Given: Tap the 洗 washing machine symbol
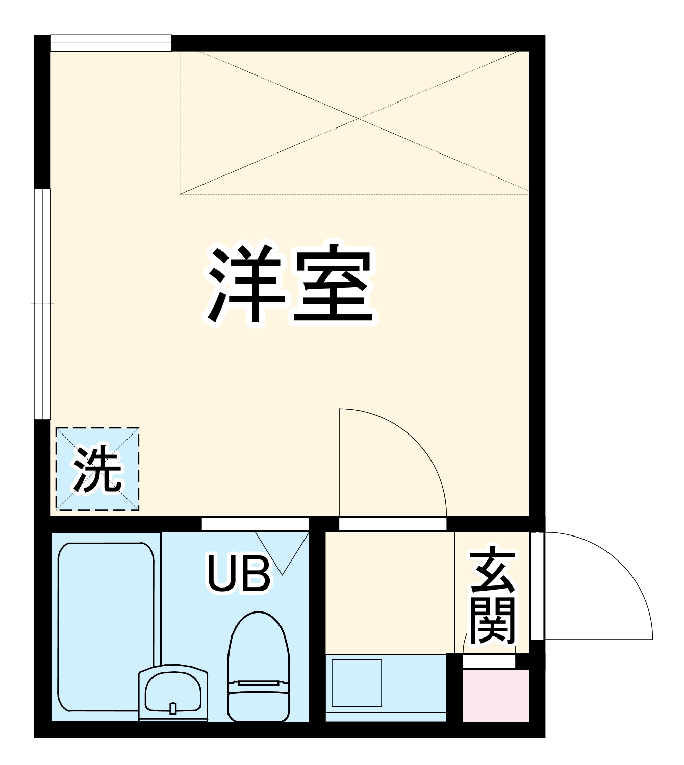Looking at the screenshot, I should click(97, 469).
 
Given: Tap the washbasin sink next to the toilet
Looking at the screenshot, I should click(172, 691).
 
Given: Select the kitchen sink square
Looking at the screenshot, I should click(357, 683).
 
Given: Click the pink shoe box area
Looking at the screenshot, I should click(495, 696).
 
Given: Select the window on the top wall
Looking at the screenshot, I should click(111, 43).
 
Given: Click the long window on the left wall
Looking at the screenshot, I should click(42, 304).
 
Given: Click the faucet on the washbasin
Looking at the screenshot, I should click(173, 708).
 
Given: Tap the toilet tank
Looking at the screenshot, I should click(258, 701).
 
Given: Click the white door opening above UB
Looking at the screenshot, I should click(255, 524).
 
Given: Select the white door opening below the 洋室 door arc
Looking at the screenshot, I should click(393, 524).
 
